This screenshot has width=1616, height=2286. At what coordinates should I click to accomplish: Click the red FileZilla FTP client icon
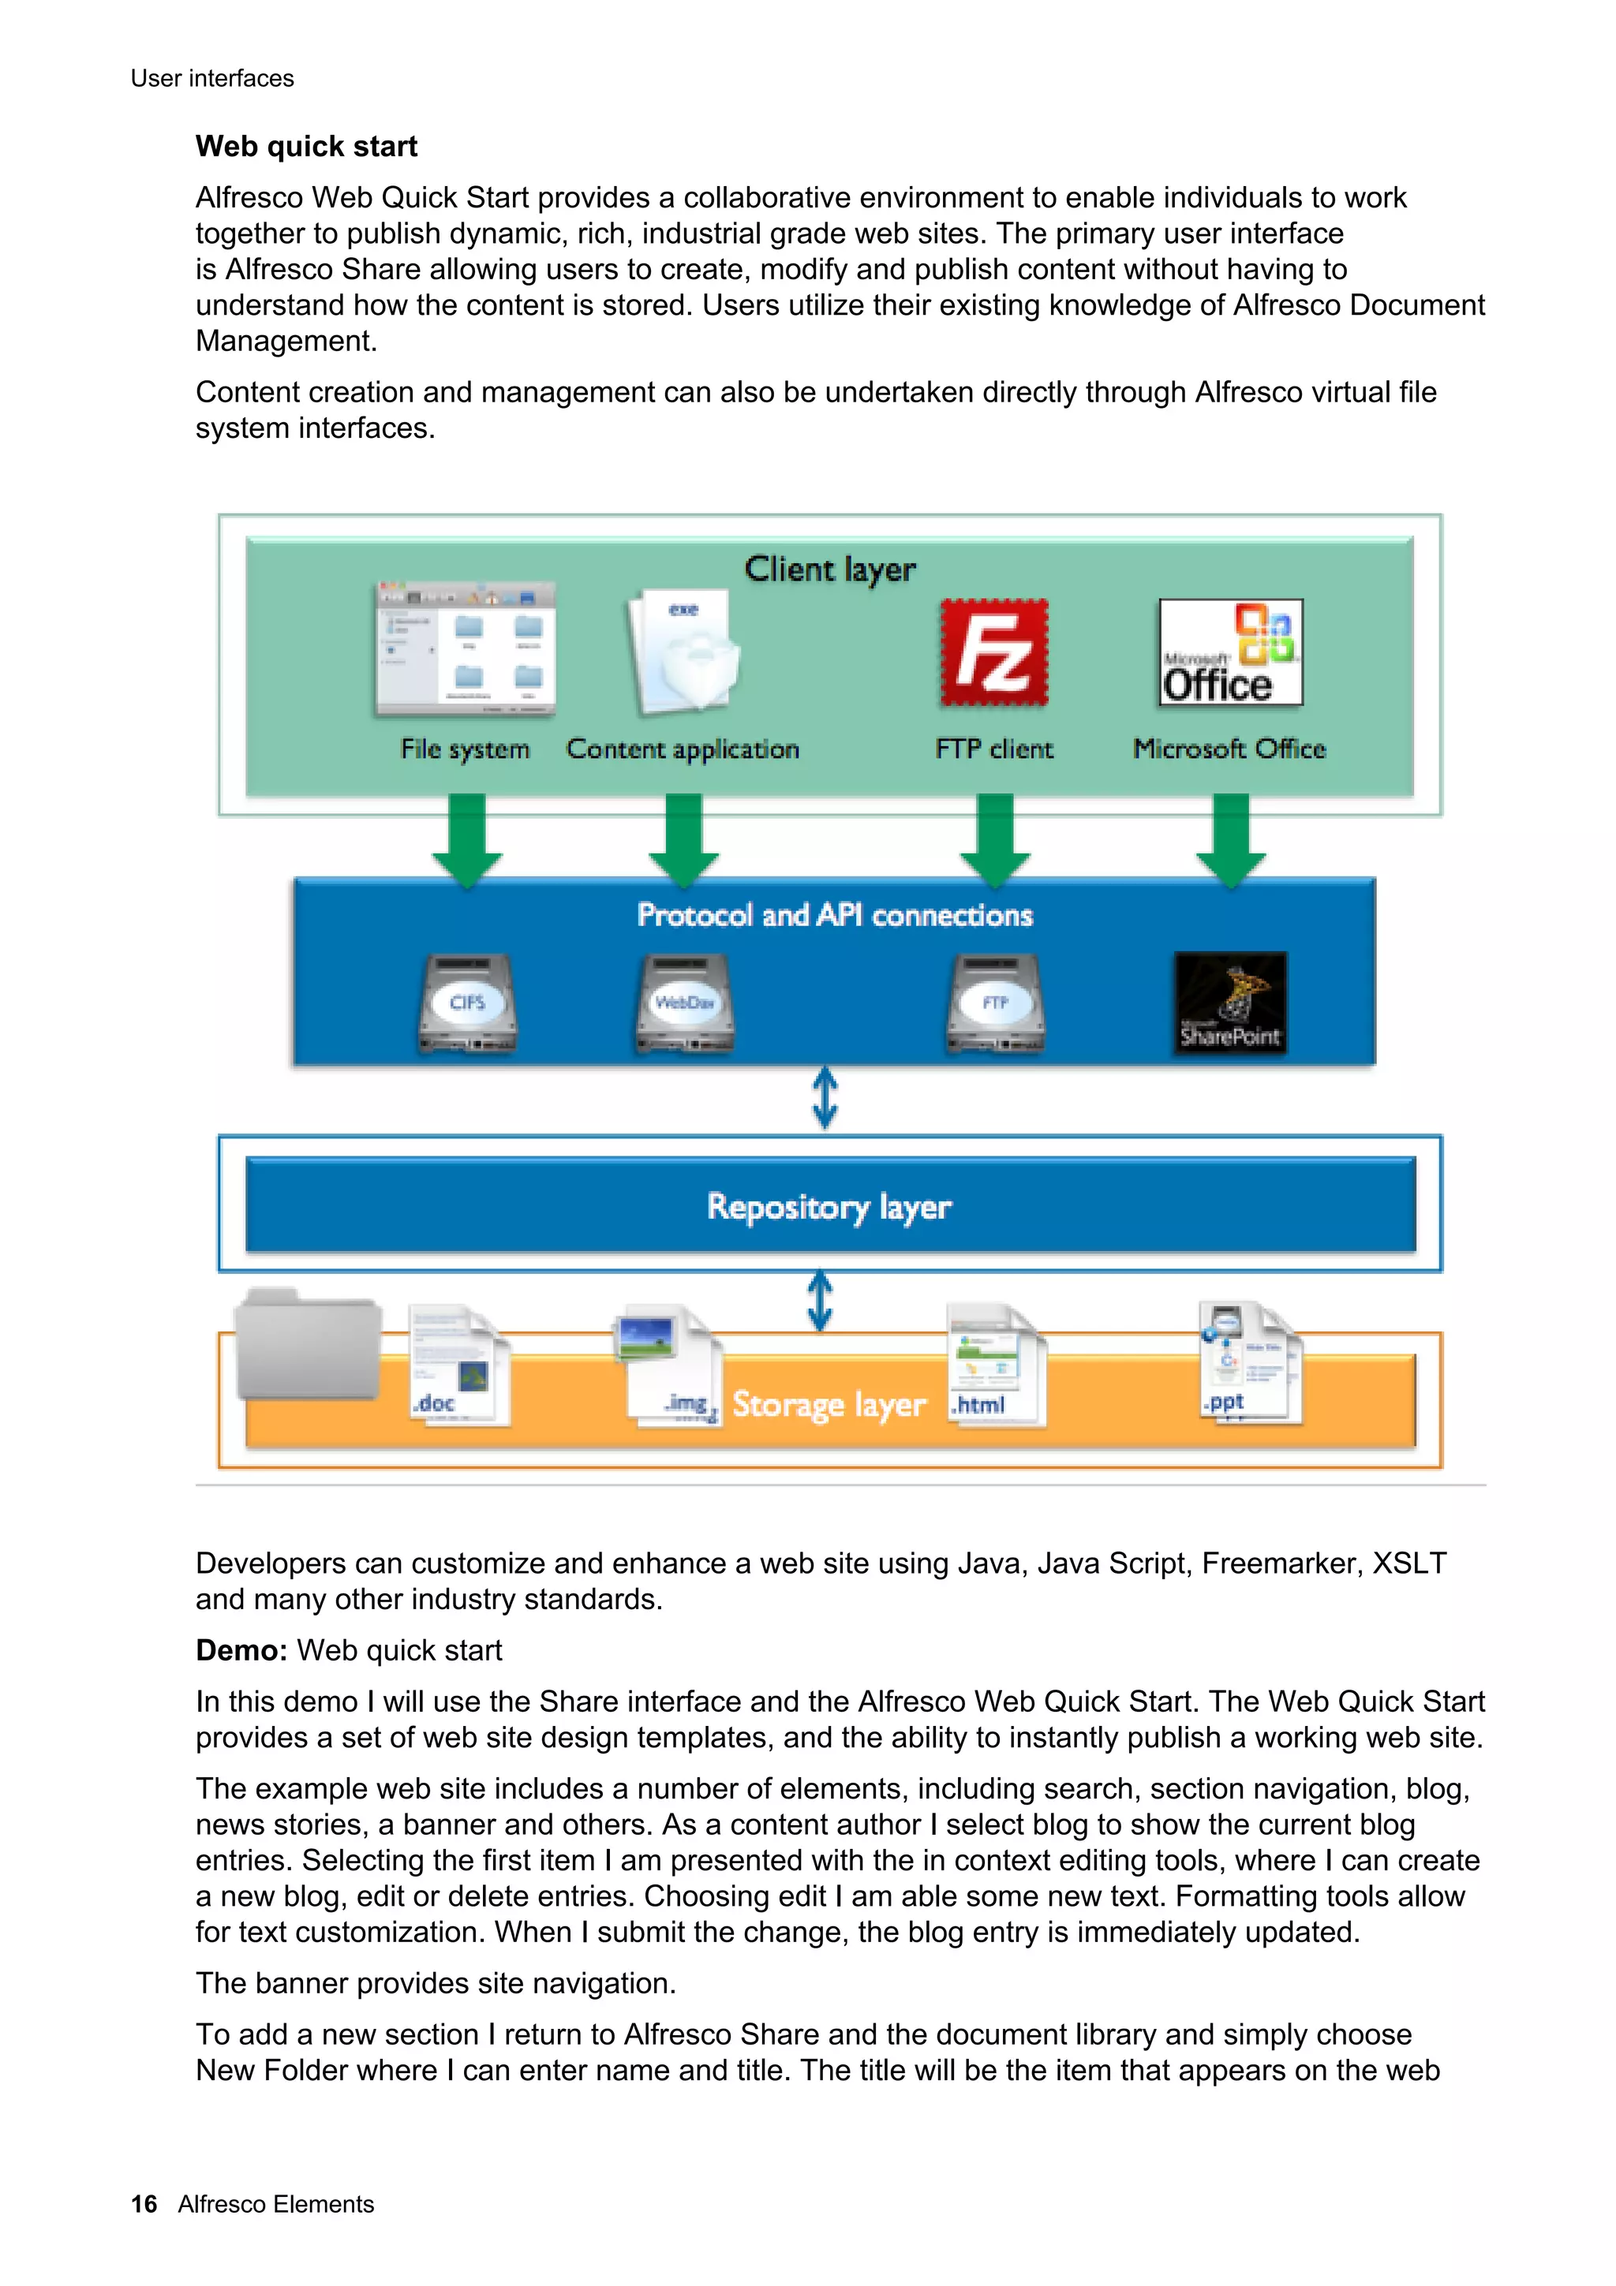pyautogui.click(x=993, y=653)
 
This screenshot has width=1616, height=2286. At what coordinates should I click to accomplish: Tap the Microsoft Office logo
pyautogui.click(x=1231, y=653)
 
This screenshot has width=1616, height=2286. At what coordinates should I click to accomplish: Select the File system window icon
pyautogui.click(x=465, y=649)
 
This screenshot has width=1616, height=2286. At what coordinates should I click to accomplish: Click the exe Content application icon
pyautogui.click(x=684, y=652)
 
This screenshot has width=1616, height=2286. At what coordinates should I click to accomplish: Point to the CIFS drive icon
pyautogui.click(x=467, y=1003)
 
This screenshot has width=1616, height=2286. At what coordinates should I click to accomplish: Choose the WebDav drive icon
pyautogui.click(x=684, y=1003)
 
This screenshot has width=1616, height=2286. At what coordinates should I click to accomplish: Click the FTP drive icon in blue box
pyautogui.click(x=995, y=1003)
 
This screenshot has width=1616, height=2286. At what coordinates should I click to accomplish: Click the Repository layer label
pyautogui.click(x=829, y=1207)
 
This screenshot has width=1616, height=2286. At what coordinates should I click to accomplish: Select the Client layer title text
pyautogui.click(x=829, y=570)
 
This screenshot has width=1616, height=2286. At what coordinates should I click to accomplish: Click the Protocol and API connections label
pyautogui.click(x=834, y=915)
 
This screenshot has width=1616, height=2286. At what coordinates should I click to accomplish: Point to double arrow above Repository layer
pyautogui.click(x=825, y=1099)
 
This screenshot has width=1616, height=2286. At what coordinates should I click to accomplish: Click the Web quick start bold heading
pyautogui.click(x=305, y=147)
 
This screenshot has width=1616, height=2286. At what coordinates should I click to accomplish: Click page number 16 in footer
pyautogui.click(x=144, y=2204)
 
